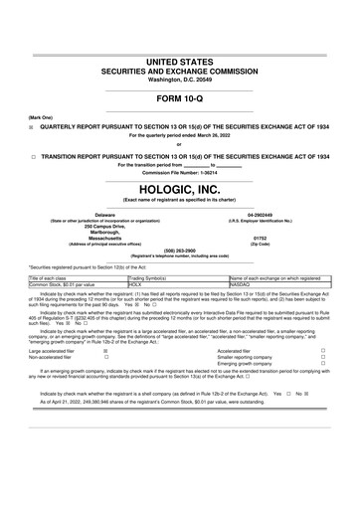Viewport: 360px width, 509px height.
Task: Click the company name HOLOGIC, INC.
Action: pos(180,186)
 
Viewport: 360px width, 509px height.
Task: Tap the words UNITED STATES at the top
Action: pos(180,63)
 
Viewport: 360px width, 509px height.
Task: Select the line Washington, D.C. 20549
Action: pos(180,80)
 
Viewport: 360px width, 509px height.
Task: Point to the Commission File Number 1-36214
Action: pos(180,172)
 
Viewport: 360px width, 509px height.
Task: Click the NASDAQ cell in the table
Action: pos(241,284)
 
